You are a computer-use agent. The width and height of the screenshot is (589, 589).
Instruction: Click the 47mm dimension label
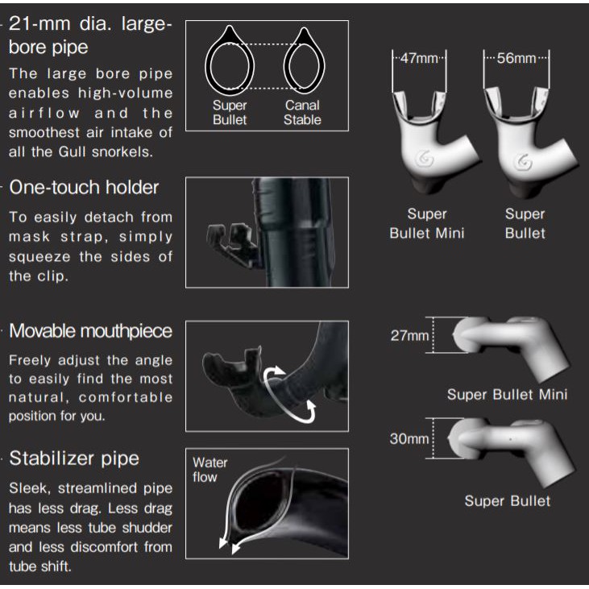419,59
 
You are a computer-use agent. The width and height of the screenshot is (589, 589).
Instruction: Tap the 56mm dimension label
516,58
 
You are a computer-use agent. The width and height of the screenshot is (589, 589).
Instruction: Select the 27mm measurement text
409,335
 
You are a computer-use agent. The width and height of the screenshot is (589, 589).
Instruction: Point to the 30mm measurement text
409,438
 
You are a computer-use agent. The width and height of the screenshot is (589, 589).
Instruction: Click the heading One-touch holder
84,187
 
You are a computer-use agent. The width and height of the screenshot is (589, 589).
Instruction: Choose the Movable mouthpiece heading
90,331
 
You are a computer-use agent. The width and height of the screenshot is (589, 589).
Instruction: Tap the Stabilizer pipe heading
74,458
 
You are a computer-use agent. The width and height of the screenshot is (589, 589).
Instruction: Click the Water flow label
210,470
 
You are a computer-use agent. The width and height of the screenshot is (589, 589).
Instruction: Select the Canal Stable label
302,112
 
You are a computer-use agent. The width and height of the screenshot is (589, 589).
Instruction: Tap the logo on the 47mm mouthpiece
425,160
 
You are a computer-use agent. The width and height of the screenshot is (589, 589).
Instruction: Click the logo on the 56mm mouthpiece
522,162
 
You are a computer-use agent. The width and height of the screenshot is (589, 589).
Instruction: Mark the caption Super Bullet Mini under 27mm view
507,395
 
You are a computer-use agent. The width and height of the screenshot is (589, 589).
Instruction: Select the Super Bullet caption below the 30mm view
508,500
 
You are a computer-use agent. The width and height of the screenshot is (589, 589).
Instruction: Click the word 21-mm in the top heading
39,24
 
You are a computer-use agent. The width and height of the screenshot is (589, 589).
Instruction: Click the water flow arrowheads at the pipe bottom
230,545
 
